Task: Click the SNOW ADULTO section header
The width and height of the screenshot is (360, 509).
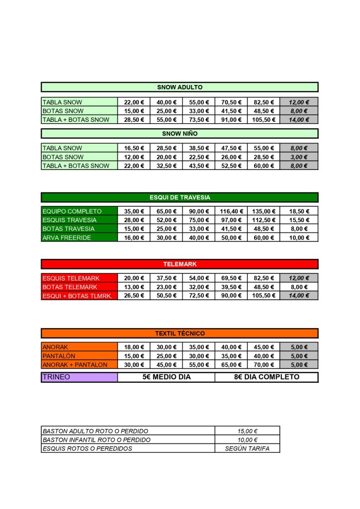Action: coord(180,87)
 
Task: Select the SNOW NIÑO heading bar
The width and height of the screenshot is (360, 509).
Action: coord(180,134)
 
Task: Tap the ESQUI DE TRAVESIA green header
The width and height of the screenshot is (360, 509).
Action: coord(180,197)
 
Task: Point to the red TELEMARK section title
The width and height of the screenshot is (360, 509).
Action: coord(180,264)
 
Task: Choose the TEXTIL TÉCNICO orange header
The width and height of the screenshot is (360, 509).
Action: coord(180,334)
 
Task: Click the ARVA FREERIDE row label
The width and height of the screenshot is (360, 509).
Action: coord(80,238)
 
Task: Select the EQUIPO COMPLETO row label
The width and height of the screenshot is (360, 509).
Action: coord(80,211)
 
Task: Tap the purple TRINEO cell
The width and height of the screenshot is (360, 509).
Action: coord(80,377)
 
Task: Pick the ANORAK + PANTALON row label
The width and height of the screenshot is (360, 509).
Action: coord(80,365)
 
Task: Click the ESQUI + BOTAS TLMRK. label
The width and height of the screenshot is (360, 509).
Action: coord(80,296)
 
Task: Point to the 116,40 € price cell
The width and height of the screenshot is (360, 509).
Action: coord(231,211)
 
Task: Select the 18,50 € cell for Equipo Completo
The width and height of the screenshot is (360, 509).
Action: coord(299,211)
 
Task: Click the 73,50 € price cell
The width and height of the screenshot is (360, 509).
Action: coord(199,120)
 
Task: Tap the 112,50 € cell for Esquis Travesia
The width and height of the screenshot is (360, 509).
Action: coord(264,220)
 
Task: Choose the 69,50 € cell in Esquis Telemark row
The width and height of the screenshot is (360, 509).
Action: coord(231,278)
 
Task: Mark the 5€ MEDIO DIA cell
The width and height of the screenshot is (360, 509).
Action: coord(167,377)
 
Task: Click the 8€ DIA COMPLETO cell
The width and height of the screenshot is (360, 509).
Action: coord(267,377)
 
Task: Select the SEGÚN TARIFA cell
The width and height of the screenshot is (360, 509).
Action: coord(247,448)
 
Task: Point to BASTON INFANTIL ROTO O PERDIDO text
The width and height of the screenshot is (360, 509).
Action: coord(96,440)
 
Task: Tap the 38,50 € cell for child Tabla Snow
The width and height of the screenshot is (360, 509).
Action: coord(199,148)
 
